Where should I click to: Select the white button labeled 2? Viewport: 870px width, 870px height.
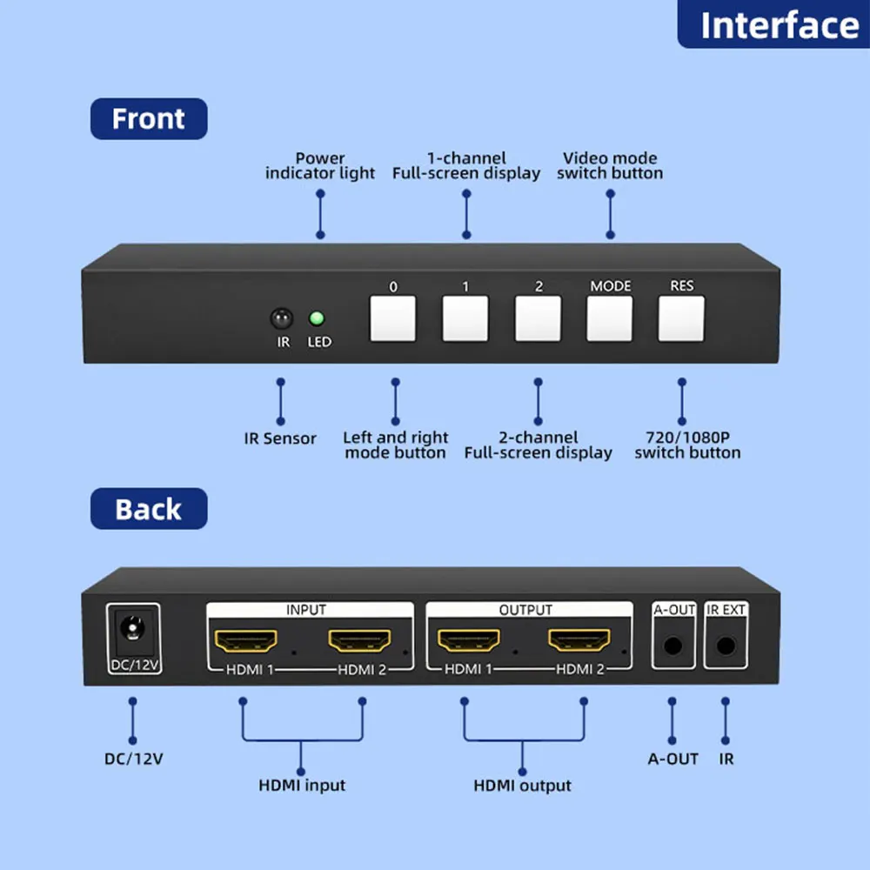click(538, 319)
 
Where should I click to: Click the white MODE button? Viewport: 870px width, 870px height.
click(610, 319)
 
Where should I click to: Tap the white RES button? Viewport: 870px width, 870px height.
click(681, 319)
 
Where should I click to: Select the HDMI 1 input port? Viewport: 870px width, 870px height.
click(247, 642)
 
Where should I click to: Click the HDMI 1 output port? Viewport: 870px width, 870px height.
click(468, 642)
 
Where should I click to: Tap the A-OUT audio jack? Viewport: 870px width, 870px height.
click(673, 646)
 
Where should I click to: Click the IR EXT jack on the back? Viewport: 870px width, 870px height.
click(725, 646)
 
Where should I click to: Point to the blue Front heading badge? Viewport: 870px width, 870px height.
click(149, 118)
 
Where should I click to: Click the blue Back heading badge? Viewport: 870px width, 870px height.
click(149, 509)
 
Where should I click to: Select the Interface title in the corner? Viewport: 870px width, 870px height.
click(776, 24)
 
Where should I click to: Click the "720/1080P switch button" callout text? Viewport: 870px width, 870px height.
click(687, 445)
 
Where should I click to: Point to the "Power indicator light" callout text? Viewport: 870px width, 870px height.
click(320, 165)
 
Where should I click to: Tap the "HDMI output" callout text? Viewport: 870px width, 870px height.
click(522, 786)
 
